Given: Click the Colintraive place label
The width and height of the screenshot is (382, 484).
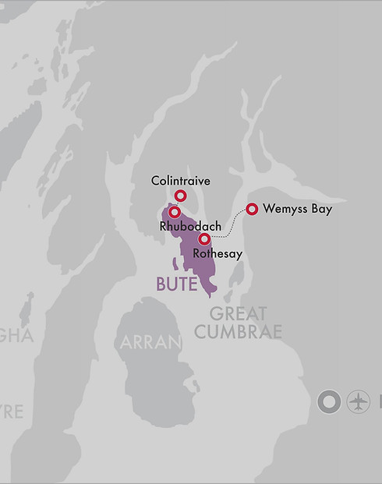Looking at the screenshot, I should tap(181, 181).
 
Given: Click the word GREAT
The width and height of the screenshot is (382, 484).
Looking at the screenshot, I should tap(239, 314).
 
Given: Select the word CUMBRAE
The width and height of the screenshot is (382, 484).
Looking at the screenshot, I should tap(239, 332).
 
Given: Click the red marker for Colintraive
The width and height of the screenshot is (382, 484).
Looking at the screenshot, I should tap(181, 196).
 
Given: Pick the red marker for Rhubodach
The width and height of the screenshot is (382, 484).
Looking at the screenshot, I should tap(175, 211).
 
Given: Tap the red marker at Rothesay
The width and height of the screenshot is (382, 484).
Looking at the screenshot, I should tap(204, 239).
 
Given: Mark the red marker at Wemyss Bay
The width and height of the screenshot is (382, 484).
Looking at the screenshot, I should tap(252, 208).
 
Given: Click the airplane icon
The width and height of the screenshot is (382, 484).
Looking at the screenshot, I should tap(359, 402).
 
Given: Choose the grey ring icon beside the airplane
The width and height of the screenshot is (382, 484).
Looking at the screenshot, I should tap(330, 402).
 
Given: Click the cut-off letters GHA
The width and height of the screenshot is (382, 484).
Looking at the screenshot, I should tap(16, 336).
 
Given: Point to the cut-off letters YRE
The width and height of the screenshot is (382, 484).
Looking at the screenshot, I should tap(11, 411).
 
